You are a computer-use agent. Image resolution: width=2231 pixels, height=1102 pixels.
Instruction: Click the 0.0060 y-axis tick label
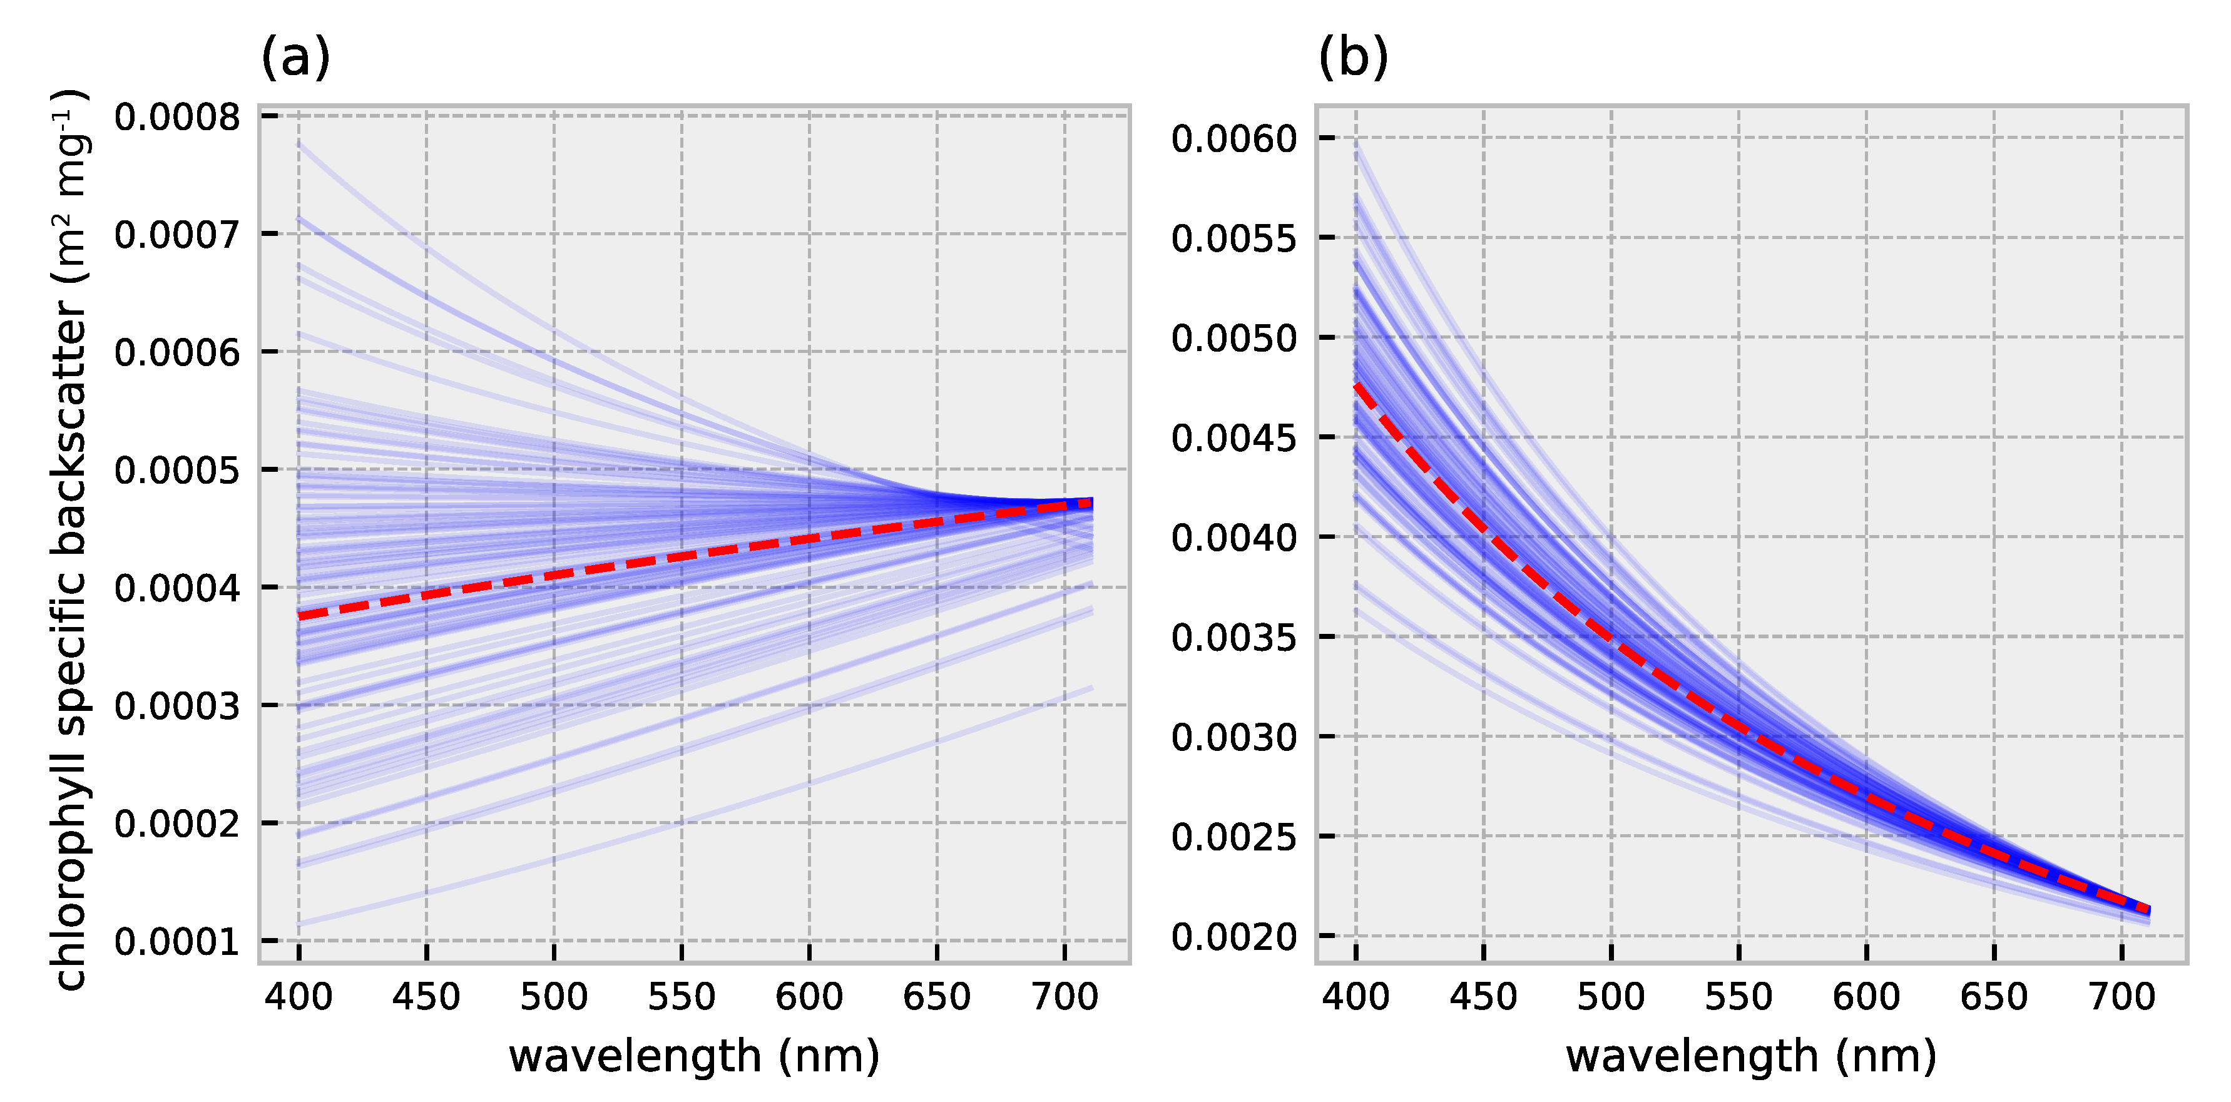click(1234, 139)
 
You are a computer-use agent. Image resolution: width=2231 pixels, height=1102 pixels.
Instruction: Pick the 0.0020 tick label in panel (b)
click(1234, 937)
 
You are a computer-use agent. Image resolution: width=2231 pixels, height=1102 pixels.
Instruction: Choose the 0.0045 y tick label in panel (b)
click(1234, 439)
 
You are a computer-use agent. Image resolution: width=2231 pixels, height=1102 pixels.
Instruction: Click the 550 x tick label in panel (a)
click(682, 997)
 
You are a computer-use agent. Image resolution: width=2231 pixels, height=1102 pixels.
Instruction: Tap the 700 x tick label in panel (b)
click(2121, 997)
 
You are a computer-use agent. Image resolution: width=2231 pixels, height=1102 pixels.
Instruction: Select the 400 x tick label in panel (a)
click(299, 997)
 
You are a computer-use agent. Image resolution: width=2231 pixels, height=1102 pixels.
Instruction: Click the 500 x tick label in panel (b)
click(1611, 997)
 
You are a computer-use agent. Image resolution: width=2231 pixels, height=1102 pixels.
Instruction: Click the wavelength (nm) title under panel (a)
click(694, 1057)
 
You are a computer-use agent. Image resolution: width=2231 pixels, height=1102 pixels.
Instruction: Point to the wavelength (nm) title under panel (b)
click(1751, 1057)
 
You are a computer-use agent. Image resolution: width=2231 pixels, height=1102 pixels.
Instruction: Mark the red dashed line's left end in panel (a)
click(300, 616)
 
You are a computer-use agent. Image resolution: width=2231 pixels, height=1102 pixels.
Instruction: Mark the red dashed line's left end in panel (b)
click(1357, 385)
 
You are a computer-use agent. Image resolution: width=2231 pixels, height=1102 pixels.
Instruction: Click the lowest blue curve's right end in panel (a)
click(1091, 688)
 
